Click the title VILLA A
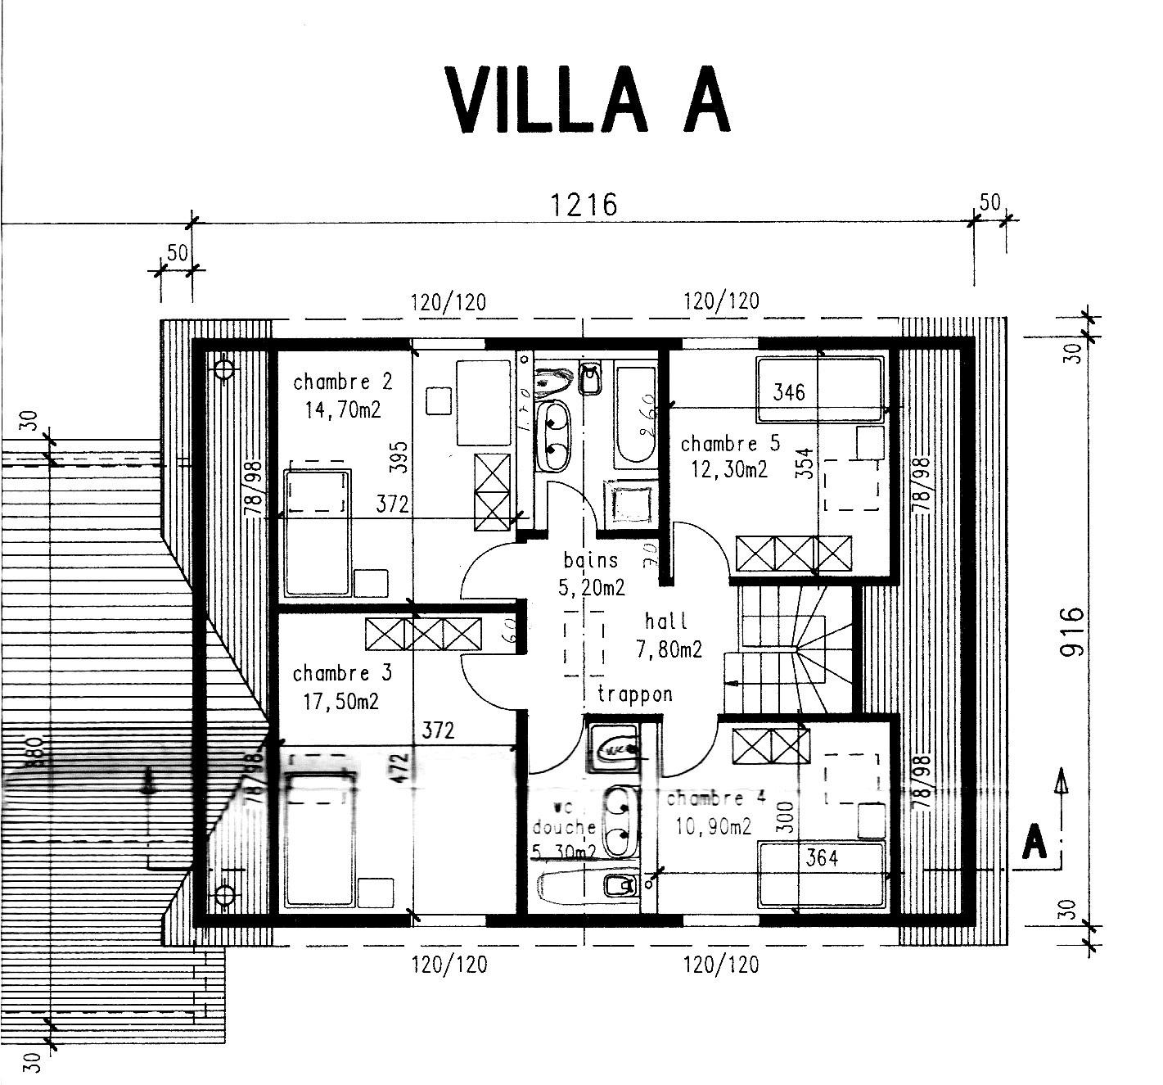(586, 100)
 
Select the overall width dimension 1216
(584, 204)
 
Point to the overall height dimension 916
(1072, 631)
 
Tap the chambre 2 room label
(342, 382)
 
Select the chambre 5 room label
(730, 444)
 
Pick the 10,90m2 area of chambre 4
(713, 826)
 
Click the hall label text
(666, 621)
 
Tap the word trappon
(634, 694)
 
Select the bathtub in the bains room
(636, 416)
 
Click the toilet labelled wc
(613, 748)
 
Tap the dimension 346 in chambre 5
(789, 391)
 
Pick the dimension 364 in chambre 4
(822, 857)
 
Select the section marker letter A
(1035, 843)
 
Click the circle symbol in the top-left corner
(224, 369)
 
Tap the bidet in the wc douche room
(617, 885)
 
